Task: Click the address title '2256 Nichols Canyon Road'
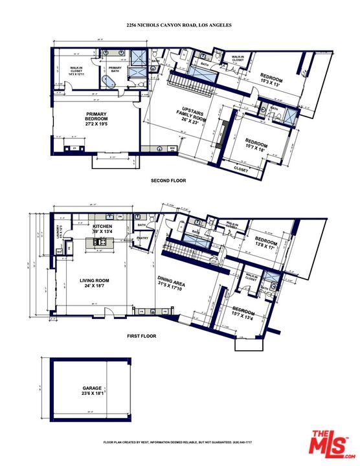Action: pos(179,25)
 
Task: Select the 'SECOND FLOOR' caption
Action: pos(168,181)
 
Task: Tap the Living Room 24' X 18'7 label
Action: pos(95,283)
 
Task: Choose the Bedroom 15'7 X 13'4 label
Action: pos(245,313)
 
